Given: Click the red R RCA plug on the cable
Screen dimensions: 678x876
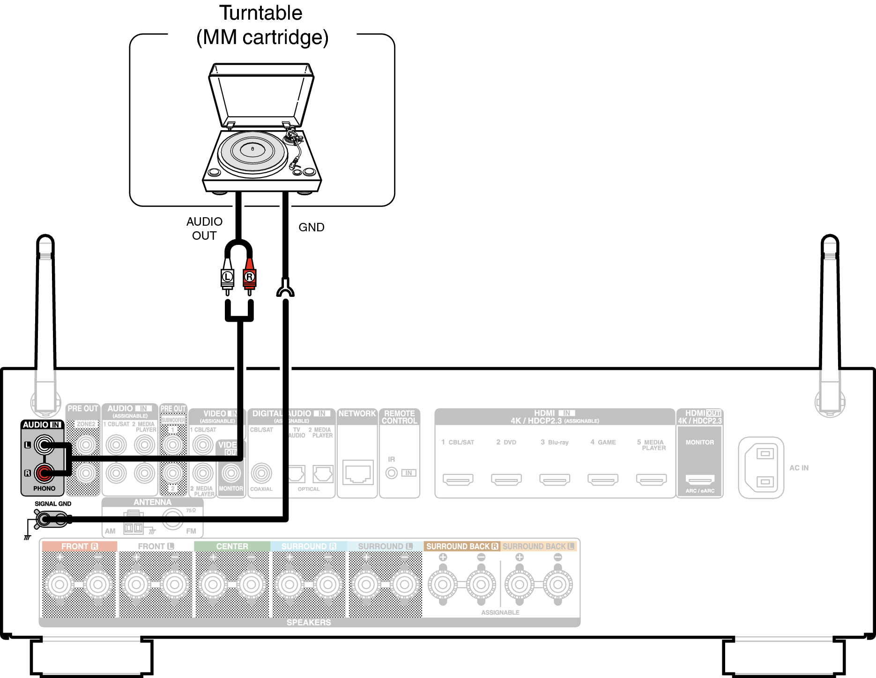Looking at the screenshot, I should pyautogui.click(x=249, y=277).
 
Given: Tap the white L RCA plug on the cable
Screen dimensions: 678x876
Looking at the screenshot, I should pyautogui.click(x=227, y=277).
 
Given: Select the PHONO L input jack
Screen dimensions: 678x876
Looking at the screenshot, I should pyautogui.click(x=44, y=445).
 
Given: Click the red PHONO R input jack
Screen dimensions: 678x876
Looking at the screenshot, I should pyautogui.click(x=44, y=473).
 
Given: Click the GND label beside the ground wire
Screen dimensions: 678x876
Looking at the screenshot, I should pyautogui.click(x=311, y=228).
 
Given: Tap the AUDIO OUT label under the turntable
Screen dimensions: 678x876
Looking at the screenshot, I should pyautogui.click(x=204, y=228).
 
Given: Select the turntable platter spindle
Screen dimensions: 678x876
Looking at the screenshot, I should pyautogui.click(x=252, y=149).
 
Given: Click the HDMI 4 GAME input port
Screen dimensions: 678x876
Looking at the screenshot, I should pyautogui.click(x=603, y=479).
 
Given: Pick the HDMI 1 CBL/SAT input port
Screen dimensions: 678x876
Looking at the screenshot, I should pyautogui.click(x=458, y=479).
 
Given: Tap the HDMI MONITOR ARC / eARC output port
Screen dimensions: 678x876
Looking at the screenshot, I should pyautogui.click(x=700, y=479).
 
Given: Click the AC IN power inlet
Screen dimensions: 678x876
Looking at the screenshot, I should pyautogui.click(x=761, y=468).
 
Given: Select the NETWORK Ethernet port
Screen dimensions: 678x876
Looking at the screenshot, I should pyautogui.click(x=358, y=473).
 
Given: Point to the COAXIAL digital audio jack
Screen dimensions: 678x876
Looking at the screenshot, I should pyautogui.click(x=261, y=473).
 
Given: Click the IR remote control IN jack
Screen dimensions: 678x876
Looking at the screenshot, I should pyautogui.click(x=392, y=473).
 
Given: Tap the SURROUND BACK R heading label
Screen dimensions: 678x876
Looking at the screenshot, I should pyautogui.click(x=461, y=546).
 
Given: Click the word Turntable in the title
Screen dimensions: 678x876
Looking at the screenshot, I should pyautogui.click(x=261, y=13).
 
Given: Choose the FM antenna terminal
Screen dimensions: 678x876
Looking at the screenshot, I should pyautogui.click(x=172, y=519).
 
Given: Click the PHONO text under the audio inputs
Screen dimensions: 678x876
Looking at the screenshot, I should pyautogui.click(x=44, y=488).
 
